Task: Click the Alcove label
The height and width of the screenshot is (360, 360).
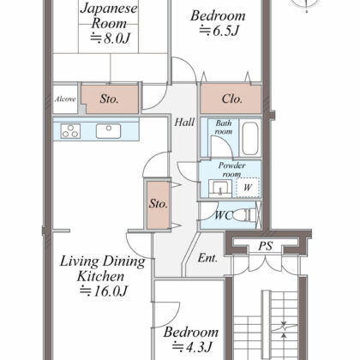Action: coord(65,99)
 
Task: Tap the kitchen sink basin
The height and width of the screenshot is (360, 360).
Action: coord(109,131)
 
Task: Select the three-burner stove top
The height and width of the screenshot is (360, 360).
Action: coord(70,131)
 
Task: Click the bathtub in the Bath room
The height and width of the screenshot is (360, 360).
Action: coord(250,139)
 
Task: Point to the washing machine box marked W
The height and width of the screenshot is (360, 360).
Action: coord(248,188)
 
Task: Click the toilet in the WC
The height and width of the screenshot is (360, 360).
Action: coord(245,215)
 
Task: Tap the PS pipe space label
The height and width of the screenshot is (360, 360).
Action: coord(266,246)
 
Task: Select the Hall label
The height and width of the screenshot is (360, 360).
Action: coord(184,123)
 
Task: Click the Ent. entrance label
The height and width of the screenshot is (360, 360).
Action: coord(207,258)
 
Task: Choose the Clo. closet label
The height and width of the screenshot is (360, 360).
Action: coord(232,99)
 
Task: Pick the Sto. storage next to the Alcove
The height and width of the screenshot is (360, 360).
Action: coord(109,99)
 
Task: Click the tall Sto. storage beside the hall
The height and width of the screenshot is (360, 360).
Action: coord(159,205)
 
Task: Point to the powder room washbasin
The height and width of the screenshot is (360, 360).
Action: coord(220,189)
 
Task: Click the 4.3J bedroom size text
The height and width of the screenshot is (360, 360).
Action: coord(192,347)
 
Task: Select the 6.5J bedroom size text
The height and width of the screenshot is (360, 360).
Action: coord(219,31)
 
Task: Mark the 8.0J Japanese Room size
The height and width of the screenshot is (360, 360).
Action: coord(111,39)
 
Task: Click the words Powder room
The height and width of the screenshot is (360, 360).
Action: coord(231,170)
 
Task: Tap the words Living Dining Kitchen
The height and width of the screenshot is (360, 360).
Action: coord(102,268)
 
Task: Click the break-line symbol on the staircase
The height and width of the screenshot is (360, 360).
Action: coord(284,329)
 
